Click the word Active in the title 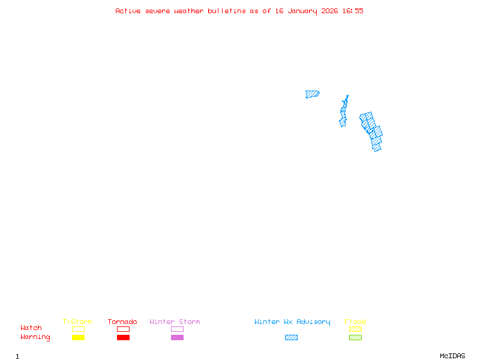pyautogui.click(x=128, y=11)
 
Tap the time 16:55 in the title pyautogui.click(x=353, y=11)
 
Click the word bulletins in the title pyautogui.click(x=226, y=11)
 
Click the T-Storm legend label pyautogui.click(x=77, y=322)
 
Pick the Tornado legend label pyautogui.click(x=122, y=322)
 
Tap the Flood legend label pyautogui.click(x=355, y=322)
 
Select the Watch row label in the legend pyautogui.click(x=31, y=328)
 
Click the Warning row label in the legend pyautogui.click(x=35, y=337)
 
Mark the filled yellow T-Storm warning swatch pyautogui.click(x=78, y=337)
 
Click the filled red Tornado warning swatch pyautogui.click(x=123, y=337)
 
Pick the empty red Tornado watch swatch pyautogui.click(x=123, y=329)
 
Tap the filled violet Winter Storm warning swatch pyautogui.click(x=177, y=337)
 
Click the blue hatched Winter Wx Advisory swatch pyautogui.click(x=291, y=337)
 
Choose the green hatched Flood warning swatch pyautogui.click(x=355, y=337)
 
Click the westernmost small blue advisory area pyautogui.click(x=312, y=94)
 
